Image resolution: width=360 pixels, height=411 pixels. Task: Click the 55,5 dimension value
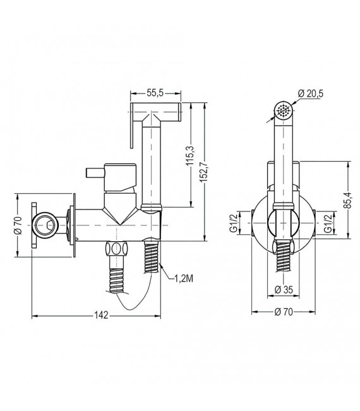[x=155, y=93]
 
